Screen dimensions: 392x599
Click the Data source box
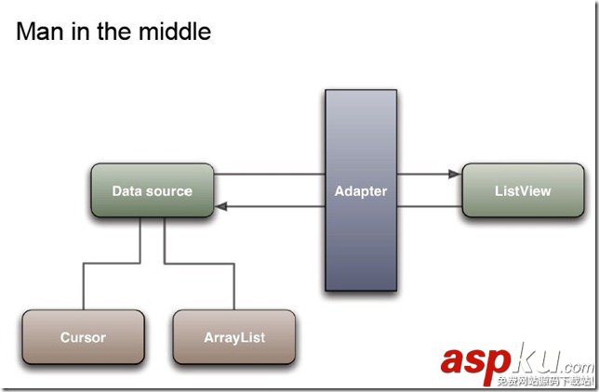[x=152, y=191]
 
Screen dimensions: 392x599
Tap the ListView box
[x=523, y=190]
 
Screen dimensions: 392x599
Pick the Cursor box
[x=83, y=337]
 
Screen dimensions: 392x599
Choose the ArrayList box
[x=233, y=337]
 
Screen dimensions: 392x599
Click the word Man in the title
[x=40, y=32]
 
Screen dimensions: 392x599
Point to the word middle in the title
[x=176, y=32]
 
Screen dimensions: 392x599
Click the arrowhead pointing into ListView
[x=455, y=173]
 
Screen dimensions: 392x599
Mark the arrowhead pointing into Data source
[x=221, y=206]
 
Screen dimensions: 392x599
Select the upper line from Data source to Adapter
[x=270, y=174]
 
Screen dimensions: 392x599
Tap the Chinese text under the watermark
[x=544, y=381]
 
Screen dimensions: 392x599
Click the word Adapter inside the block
[x=361, y=191]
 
